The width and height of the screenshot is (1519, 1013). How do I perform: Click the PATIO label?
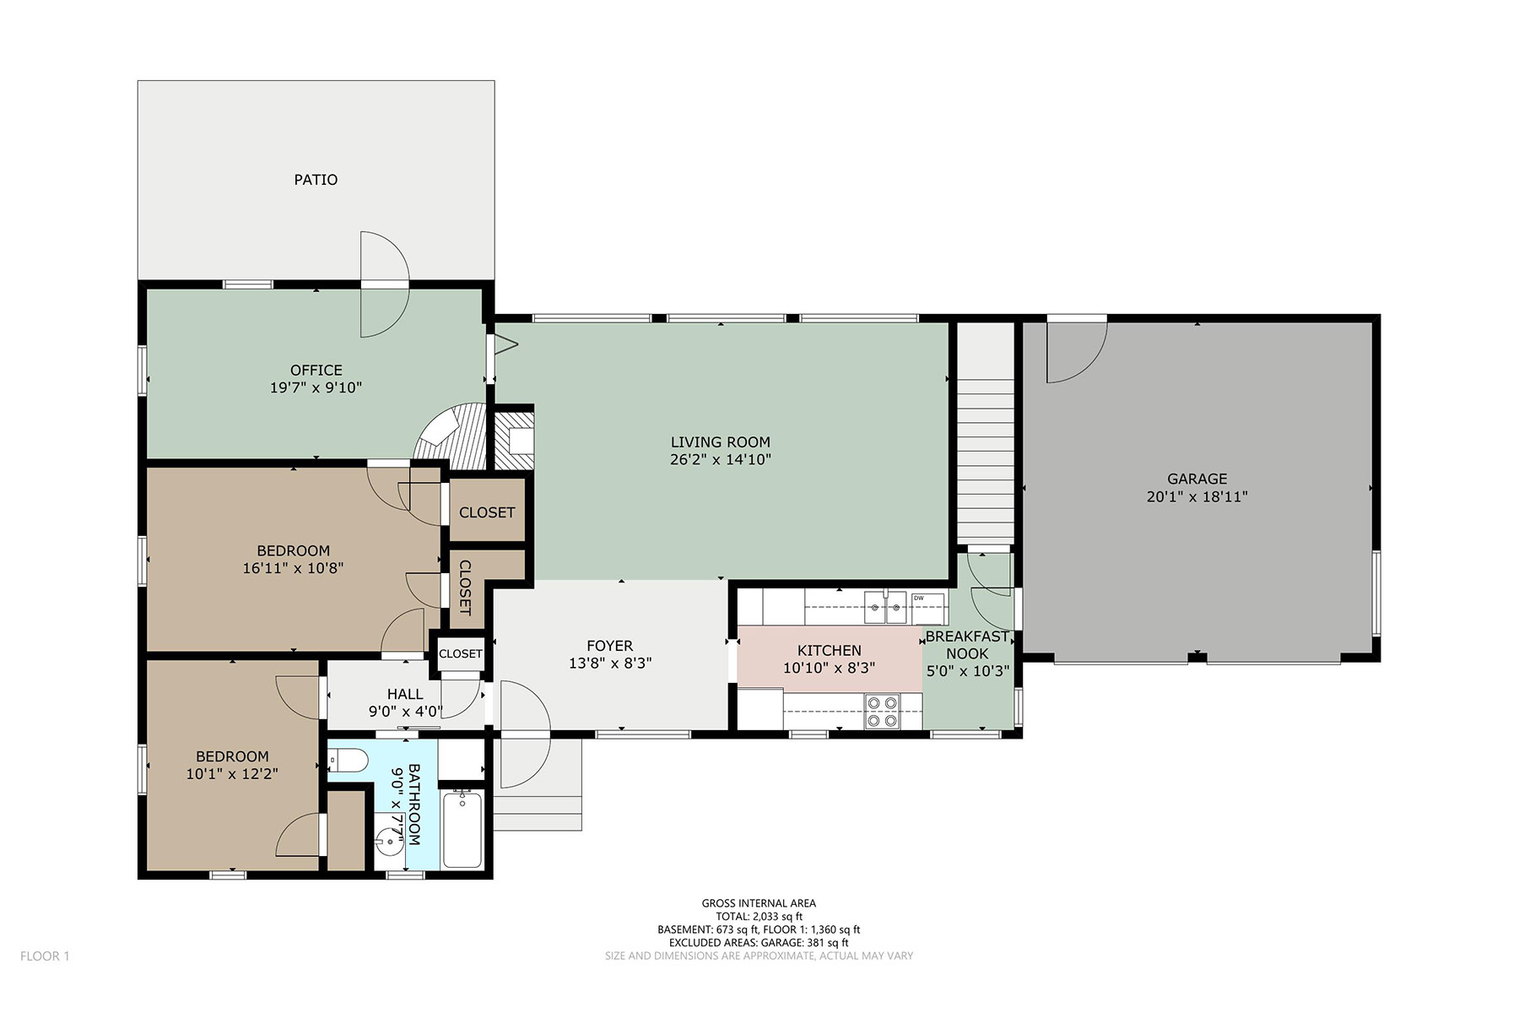pos(316,180)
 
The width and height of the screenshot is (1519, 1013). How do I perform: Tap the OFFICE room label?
pos(316,370)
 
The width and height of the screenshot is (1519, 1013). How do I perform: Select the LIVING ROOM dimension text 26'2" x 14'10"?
pos(721,460)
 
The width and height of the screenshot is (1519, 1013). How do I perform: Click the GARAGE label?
pos(1197,479)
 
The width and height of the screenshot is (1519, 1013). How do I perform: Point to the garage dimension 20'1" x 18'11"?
pos(1197,497)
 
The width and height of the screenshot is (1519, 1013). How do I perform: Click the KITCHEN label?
pos(830,650)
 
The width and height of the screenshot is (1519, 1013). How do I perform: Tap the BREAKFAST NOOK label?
pos(967,645)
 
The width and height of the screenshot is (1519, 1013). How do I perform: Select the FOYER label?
pos(609,647)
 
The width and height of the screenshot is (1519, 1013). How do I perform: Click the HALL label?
pos(405,694)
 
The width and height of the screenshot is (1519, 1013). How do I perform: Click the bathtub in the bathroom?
pos(462,829)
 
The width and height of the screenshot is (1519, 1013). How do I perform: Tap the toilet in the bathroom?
pos(348,763)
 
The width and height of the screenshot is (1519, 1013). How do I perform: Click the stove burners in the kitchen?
pos(883,711)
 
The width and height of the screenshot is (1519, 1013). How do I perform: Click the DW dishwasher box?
pos(927,608)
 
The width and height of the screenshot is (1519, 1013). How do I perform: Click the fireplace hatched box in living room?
pos(513,440)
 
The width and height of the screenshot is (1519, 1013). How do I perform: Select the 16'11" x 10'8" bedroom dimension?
pos(293,569)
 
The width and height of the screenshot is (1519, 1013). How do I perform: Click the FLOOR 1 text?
pos(45,956)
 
